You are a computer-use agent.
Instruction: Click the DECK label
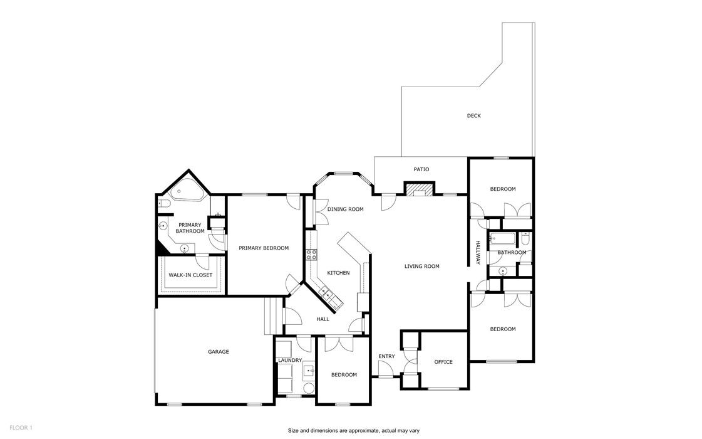(x=473, y=115)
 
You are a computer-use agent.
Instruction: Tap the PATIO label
(x=421, y=169)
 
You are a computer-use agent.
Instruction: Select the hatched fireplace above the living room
(x=418, y=189)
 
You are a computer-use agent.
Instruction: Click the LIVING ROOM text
(x=421, y=267)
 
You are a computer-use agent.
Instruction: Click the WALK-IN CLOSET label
(x=190, y=275)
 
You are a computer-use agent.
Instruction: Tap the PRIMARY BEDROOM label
(x=264, y=248)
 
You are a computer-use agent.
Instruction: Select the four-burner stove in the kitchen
(x=310, y=255)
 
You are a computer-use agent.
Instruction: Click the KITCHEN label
(x=338, y=273)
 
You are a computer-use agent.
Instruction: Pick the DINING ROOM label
(x=345, y=209)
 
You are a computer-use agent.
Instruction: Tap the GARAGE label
(x=218, y=352)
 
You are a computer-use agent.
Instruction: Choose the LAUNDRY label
(x=290, y=360)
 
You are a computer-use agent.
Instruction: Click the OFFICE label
(x=443, y=362)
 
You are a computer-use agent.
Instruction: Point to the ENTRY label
(x=386, y=357)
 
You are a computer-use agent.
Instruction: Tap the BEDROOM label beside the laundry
(x=344, y=375)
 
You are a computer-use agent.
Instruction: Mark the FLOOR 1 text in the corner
(x=21, y=428)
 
